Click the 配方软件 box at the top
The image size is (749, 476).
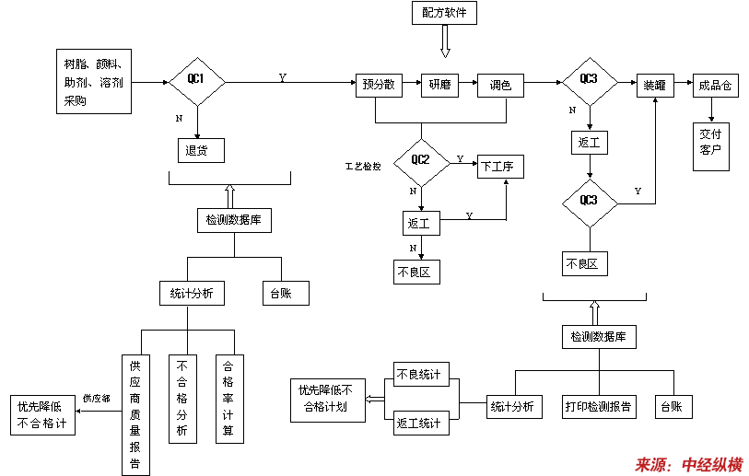[x=444, y=13]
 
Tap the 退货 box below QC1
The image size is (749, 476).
[x=200, y=149]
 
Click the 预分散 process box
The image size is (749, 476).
[x=380, y=85]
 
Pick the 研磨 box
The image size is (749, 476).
[x=439, y=85]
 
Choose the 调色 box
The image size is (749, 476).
[x=500, y=85]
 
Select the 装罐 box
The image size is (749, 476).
[x=655, y=85]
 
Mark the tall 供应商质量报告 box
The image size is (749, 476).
[x=135, y=414]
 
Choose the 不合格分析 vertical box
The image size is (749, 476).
[x=182, y=399]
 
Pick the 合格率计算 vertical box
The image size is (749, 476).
[x=229, y=399]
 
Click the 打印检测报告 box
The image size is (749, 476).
[x=599, y=406]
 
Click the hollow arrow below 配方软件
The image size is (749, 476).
[x=445, y=41]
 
